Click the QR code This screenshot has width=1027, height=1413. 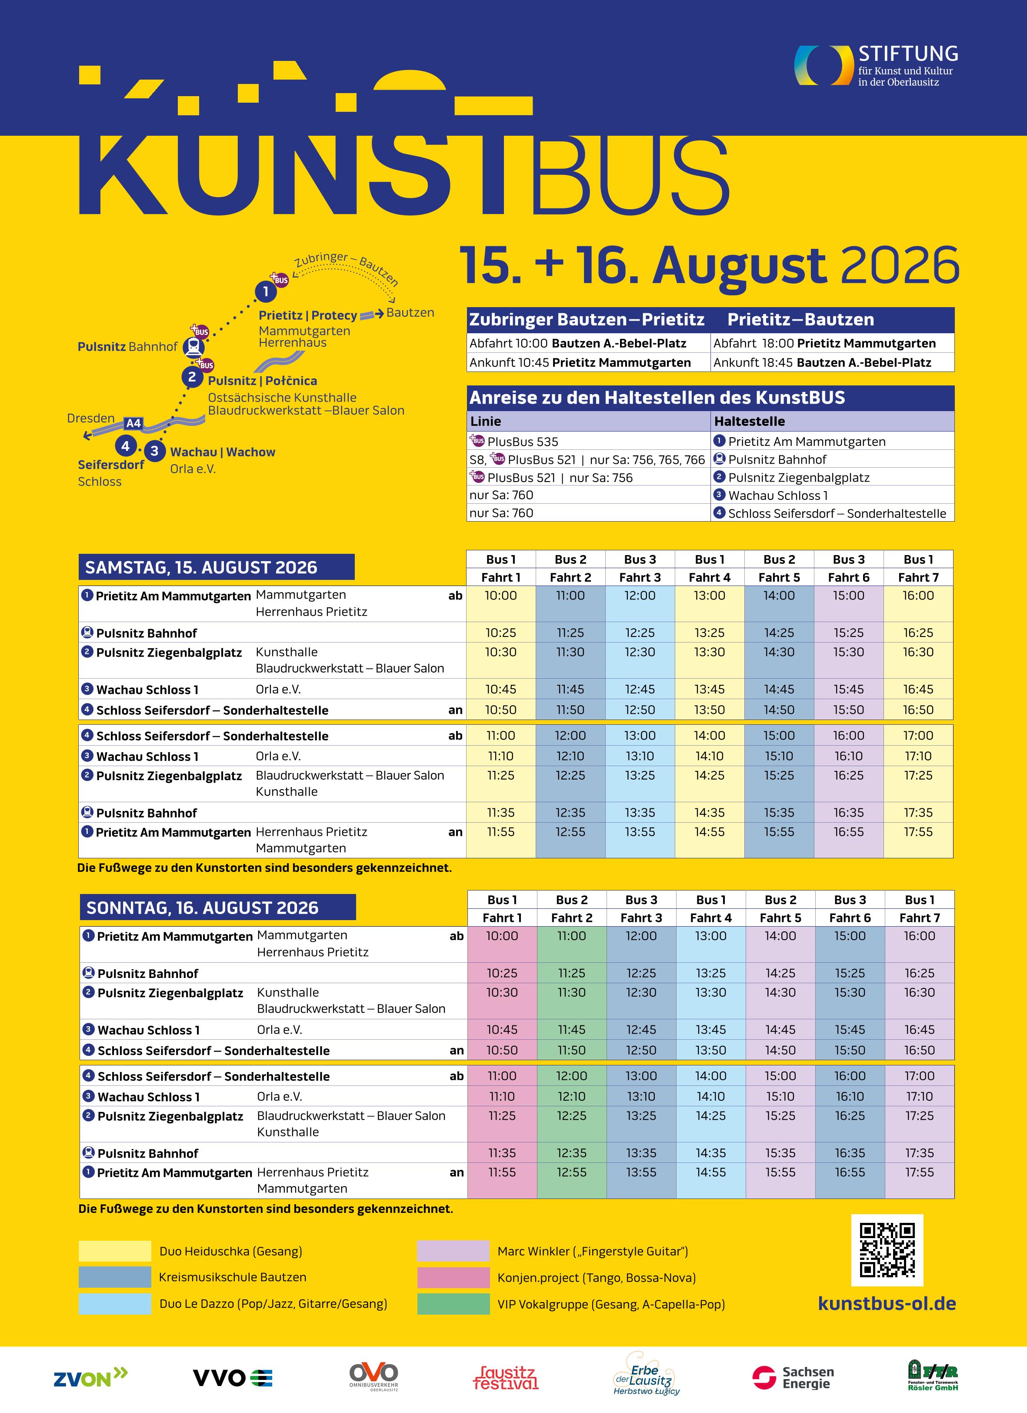click(x=887, y=1250)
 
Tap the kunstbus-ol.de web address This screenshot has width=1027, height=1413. click(x=887, y=1303)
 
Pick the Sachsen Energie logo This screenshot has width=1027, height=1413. click(x=793, y=1377)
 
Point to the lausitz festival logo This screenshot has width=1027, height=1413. click(x=505, y=1377)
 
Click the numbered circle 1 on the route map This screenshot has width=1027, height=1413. click(x=265, y=291)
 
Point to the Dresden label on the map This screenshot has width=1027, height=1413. click(x=91, y=418)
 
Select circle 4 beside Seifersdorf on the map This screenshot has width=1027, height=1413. click(x=125, y=446)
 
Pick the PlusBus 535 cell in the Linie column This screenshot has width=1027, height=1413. click(x=523, y=442)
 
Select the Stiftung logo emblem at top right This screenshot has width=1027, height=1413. click(x=823, y=65)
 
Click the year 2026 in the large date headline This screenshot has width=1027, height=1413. click(x=899, y=267)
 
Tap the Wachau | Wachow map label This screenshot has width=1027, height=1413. click(x=222, y=452)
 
